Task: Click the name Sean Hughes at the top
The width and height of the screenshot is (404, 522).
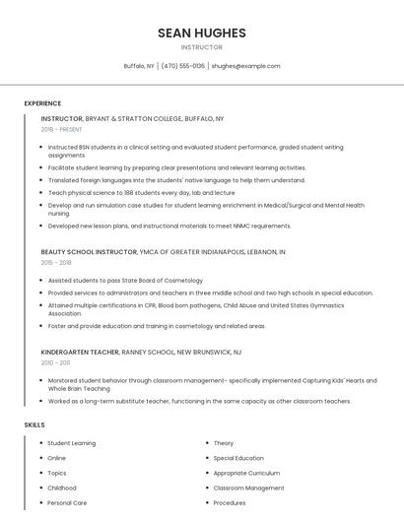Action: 201,33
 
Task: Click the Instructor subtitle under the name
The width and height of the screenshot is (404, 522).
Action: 201,47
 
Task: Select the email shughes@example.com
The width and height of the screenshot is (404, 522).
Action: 245,66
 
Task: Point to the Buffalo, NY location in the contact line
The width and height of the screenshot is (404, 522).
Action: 139,66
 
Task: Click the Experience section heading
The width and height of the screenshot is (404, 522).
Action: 42,103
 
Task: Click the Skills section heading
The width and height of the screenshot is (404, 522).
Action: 34,424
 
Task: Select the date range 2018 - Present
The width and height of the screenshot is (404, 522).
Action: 62,129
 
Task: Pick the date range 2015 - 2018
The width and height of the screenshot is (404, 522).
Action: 56,263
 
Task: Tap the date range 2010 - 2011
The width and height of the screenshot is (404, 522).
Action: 55,362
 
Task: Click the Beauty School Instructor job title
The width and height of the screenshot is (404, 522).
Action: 89,252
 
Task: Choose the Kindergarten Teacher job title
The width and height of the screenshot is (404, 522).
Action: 80,352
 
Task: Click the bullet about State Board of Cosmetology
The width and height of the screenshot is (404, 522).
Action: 125,281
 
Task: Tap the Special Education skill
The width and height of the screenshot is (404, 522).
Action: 238,458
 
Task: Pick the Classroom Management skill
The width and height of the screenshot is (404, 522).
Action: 248,488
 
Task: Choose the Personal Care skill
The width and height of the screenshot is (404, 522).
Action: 67,502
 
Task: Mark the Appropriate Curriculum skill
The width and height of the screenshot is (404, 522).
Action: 246,473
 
